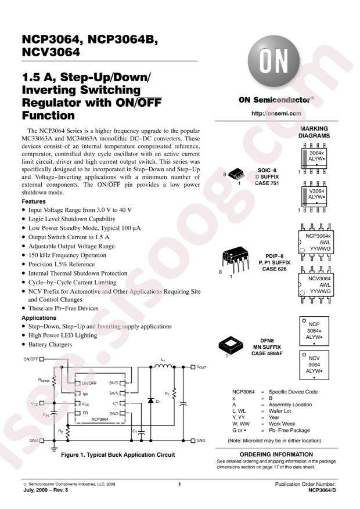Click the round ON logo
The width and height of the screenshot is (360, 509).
pos(273,62)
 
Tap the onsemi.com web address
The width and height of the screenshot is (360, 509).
pos(276,113)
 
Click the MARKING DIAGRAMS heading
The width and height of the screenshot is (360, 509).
pos(314,132)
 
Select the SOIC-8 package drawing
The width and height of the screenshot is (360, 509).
pos(236,175)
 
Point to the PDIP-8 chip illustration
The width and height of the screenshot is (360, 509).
pos(236,259)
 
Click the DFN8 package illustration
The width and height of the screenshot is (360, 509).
pos(231,345)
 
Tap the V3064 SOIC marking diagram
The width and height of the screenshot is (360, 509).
pos(314,197)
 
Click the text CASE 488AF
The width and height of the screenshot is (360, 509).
pos(267,353)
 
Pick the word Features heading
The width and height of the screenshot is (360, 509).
pos(34,201)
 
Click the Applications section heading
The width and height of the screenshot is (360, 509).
pos(39,318)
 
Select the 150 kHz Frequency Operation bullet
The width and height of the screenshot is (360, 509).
pos(64,255)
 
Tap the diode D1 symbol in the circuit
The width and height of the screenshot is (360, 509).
pos(150,400)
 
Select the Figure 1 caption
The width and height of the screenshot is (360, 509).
pos(118,455)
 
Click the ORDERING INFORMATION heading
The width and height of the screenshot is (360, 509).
pos(276,454)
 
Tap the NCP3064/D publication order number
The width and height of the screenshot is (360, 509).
pos(322,490)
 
